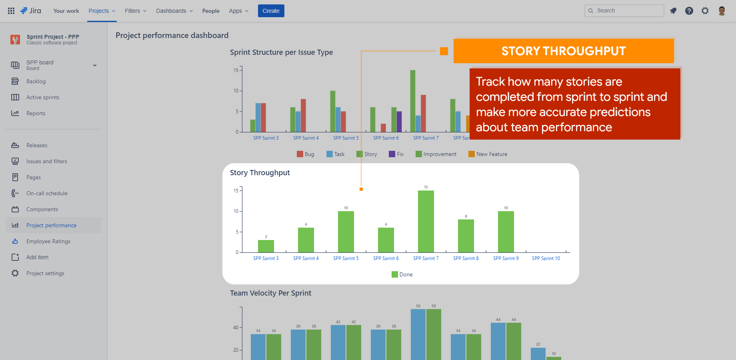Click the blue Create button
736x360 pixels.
pyautogui.click(x=271, y=11)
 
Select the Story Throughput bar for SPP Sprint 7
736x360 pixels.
pyautogui.click(x=426, y=221)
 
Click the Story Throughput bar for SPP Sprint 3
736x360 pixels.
pyautogui.click(x=266, y=246)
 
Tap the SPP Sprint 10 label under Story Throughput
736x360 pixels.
pyautogui.click(x=546, y=258)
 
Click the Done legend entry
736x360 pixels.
pyautogui.click(x=402, y=274)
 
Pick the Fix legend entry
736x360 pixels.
pyautogui.click(x=396, y=154)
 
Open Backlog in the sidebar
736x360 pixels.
pyautogui.click(x=36, y=81)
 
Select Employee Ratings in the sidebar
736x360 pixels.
pyautogui.click(x=48, y=241)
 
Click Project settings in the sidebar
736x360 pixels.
pyautogui.click(x=45, y=273)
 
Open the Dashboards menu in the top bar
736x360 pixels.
pyautogui.click(x=174, y=11)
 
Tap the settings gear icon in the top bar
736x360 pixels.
pyautogui.click(x=705, y=11)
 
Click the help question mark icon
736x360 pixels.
pyautogui.click(x=689, y=11)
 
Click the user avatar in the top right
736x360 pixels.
pyautogui.click(x=722, y=11)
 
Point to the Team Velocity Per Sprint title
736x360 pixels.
pyautogui.click(x=270, y=293)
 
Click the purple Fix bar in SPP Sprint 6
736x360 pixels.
pyautogui.click(x=399, y=122)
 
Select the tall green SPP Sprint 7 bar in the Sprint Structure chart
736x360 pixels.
pyautogui.click(x=412, y=101)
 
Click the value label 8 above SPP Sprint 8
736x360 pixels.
pyautogui.click(x=466, y=216)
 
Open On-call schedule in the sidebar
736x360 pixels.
pyautogui.click(x=47, y=193)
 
